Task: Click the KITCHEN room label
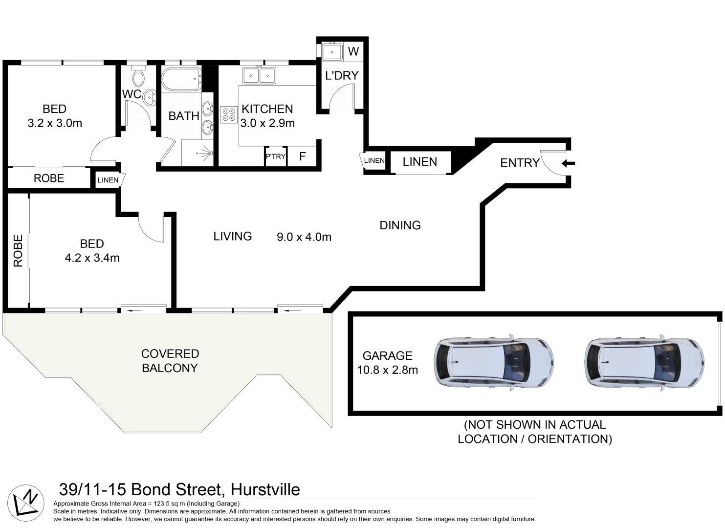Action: click(267, 109)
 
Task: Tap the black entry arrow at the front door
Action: click(568, 164)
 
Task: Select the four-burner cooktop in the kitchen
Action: click(228, 115)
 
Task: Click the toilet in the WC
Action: click(139, 77)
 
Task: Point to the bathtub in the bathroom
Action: click(181, 79)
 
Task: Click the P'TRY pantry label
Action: click(275, 156)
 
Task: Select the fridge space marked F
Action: click(303, 156)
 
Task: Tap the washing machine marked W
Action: click(353, 51)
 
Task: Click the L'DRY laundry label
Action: click(342, 75)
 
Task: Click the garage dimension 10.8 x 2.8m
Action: click(387, 370)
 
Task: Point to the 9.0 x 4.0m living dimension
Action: click(304, 237)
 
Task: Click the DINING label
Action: click(400, 225)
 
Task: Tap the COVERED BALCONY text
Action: click(170, 361)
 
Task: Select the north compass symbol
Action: click(26, 501)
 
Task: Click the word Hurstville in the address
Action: click(265, 489)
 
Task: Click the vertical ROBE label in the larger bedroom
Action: click(18, 251)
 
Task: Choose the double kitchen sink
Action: click(259, 76)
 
